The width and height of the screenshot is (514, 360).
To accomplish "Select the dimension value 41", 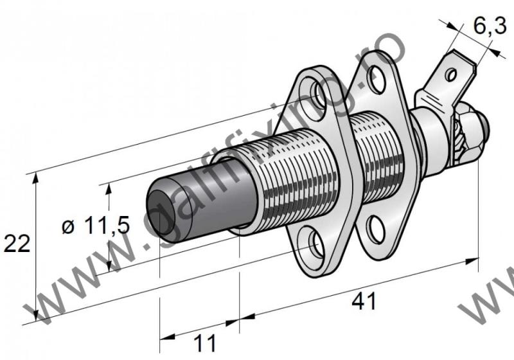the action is pos(364,301).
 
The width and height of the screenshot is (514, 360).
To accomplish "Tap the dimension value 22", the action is pos(17,243).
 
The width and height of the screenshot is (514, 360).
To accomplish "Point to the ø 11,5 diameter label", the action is pos(96,226).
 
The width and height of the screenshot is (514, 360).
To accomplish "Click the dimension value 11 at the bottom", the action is pos(205,343).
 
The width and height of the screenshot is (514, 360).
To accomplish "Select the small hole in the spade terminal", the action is pos(452,75).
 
